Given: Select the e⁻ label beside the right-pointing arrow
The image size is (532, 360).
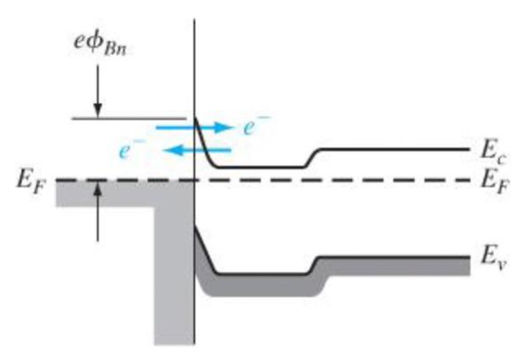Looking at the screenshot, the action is tap(256, 128).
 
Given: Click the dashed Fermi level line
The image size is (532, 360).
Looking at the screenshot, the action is tap(355, 181).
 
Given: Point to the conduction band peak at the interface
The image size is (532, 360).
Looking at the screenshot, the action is tap(196, 122).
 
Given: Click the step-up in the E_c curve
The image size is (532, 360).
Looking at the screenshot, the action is tap(312, 157).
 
